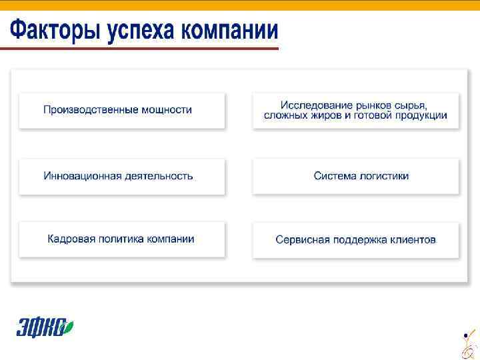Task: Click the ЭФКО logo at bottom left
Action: coord(44,327)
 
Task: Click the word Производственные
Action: coord(91,109)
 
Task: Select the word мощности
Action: coord(167,109)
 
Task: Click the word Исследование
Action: coord(317,105)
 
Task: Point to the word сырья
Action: coord(411,105)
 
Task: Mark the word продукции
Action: coord(420,115)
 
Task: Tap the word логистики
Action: coord(385,176)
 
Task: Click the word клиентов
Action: coord(413,239)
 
